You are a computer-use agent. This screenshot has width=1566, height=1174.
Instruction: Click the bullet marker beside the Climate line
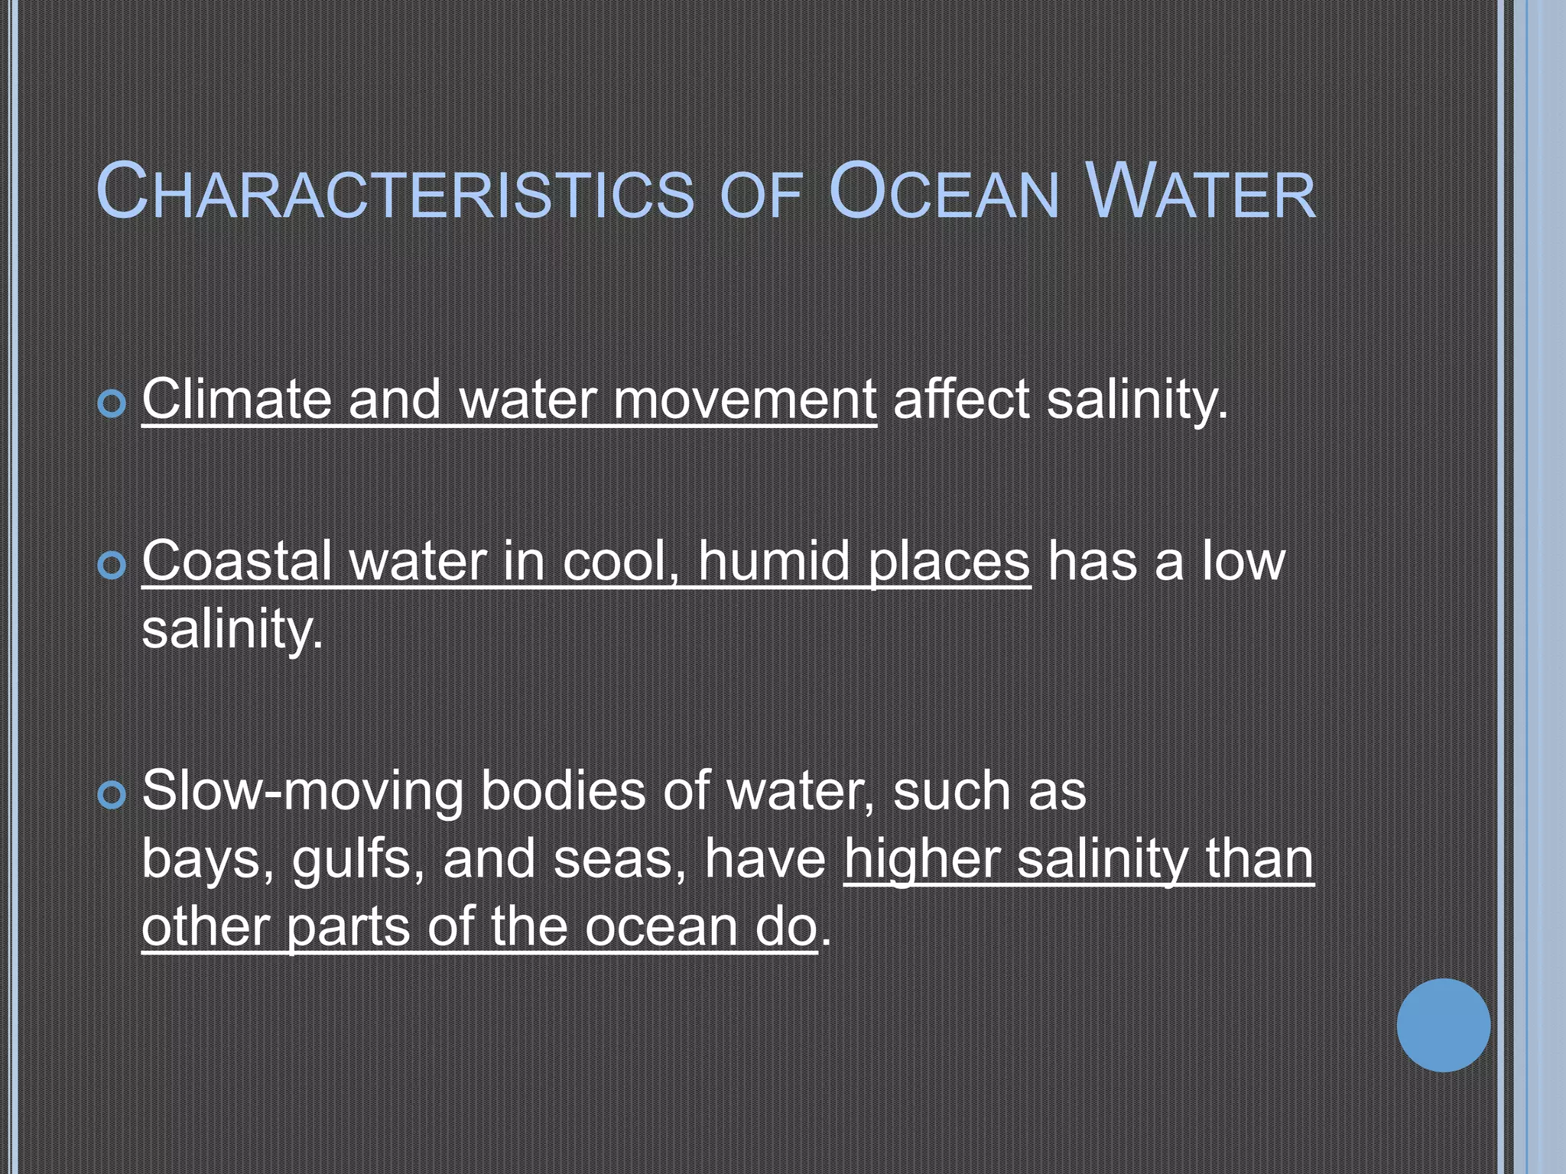112,404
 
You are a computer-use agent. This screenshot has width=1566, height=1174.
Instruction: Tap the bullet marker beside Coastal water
112,566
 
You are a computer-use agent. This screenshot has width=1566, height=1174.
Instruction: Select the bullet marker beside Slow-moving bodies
112,795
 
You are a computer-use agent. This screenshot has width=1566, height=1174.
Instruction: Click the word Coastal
236,561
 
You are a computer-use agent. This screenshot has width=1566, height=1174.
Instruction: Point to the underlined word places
950,563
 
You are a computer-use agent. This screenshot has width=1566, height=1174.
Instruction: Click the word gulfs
357,859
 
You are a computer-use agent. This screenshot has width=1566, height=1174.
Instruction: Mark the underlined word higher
922,859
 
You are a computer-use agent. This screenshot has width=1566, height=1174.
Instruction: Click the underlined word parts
348,928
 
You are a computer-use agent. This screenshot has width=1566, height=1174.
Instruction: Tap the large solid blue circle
1443,1025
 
